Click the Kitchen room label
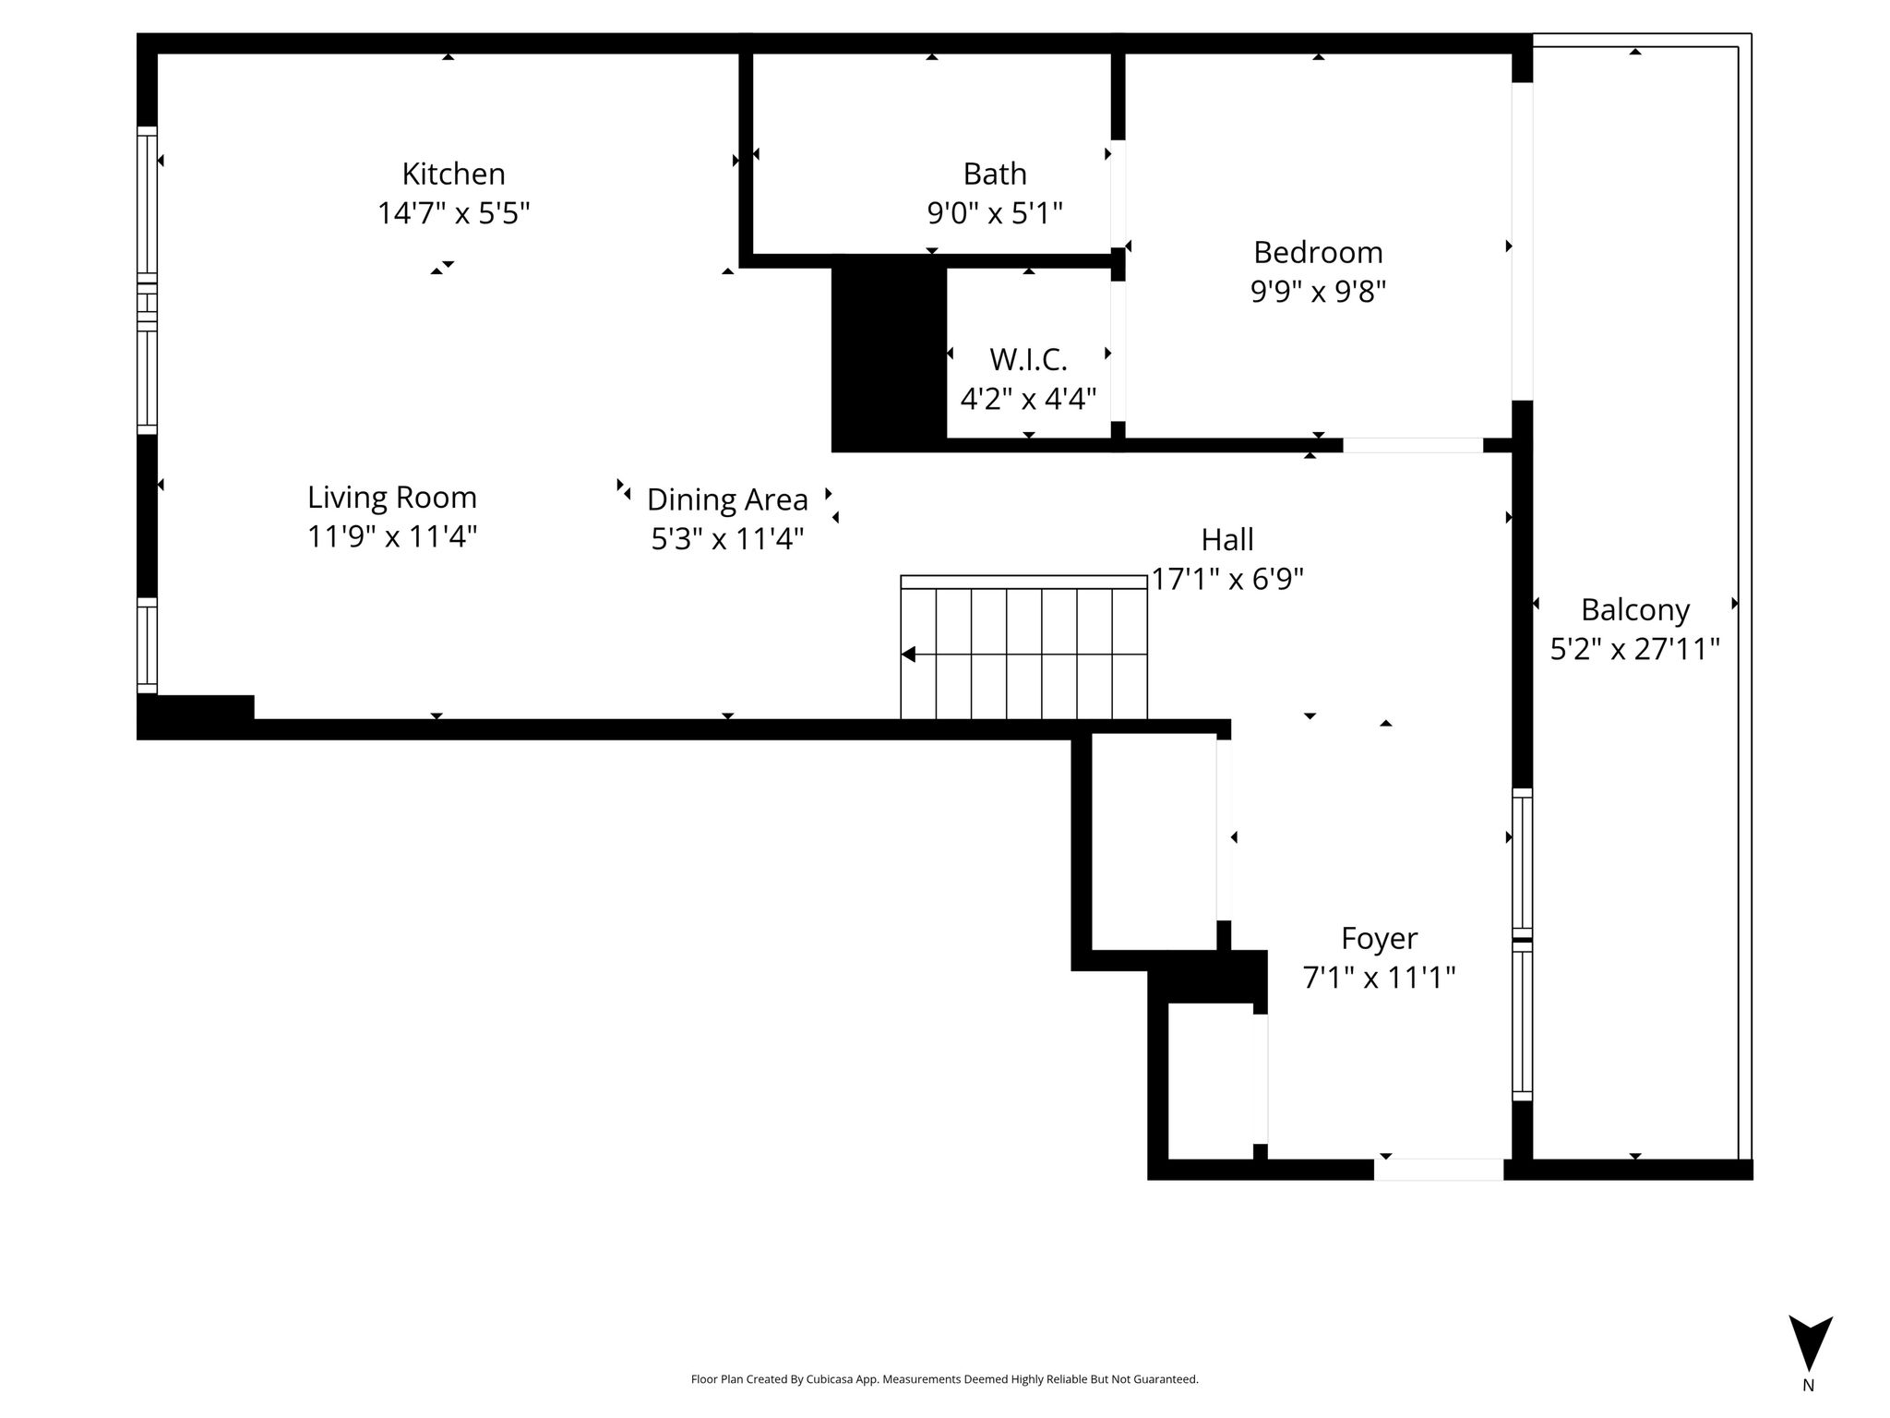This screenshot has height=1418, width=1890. click(453, 174)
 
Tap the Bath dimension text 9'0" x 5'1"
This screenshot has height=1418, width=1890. click(995, 214)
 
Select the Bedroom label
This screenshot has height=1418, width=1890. click(1318, 252)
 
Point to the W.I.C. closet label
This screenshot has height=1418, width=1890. click(1028, 358)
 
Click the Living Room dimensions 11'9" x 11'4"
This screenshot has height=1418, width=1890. click(392, 536)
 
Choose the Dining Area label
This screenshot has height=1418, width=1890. click(727, 499)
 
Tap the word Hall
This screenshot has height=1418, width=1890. click(1227, 539)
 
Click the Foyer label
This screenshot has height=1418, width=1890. click(1379, 939)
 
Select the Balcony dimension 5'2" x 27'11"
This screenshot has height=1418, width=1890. click(1635, 650)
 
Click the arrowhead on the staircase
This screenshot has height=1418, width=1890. click(908, 655)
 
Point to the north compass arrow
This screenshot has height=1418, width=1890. click(1811, 1343)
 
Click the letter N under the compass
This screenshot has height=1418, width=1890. click(1809, 1386)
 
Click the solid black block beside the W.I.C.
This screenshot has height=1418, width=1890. click(890, 354)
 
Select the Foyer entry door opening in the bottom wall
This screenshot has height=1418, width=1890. click(1439, 1170)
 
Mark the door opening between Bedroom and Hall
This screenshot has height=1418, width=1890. click(1413, 445)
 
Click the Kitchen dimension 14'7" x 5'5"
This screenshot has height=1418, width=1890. click(453, 214)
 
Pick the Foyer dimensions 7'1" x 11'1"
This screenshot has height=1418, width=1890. click(1379, 978)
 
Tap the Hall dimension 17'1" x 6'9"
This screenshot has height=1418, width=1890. click(1227, 580)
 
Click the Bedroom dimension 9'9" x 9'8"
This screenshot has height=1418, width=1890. click(1318, 293)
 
